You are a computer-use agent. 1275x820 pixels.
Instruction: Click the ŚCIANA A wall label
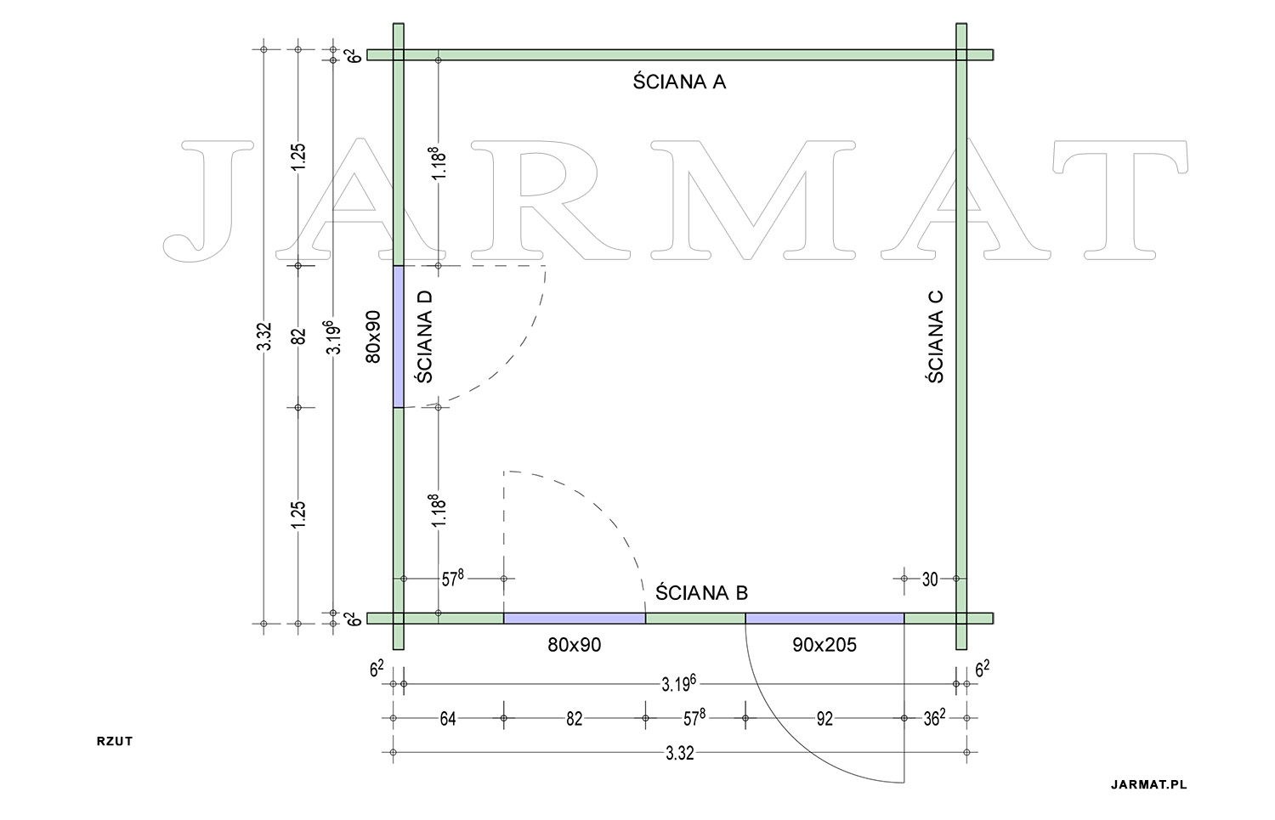[680, 82]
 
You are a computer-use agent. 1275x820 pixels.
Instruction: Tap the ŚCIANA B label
[701, 592]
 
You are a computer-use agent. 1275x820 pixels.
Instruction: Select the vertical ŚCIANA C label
[937, 336]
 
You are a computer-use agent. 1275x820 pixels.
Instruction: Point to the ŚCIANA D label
[425, 336]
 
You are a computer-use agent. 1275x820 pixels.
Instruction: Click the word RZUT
[115, 741]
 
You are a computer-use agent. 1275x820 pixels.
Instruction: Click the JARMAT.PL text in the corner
[1149, 784]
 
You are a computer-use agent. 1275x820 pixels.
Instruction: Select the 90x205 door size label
[824, 645]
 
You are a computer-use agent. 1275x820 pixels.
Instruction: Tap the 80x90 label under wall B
[575, 645]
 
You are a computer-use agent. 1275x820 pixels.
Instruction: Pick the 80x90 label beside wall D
[373, 336]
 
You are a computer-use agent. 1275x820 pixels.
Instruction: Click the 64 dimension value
[448, 719]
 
